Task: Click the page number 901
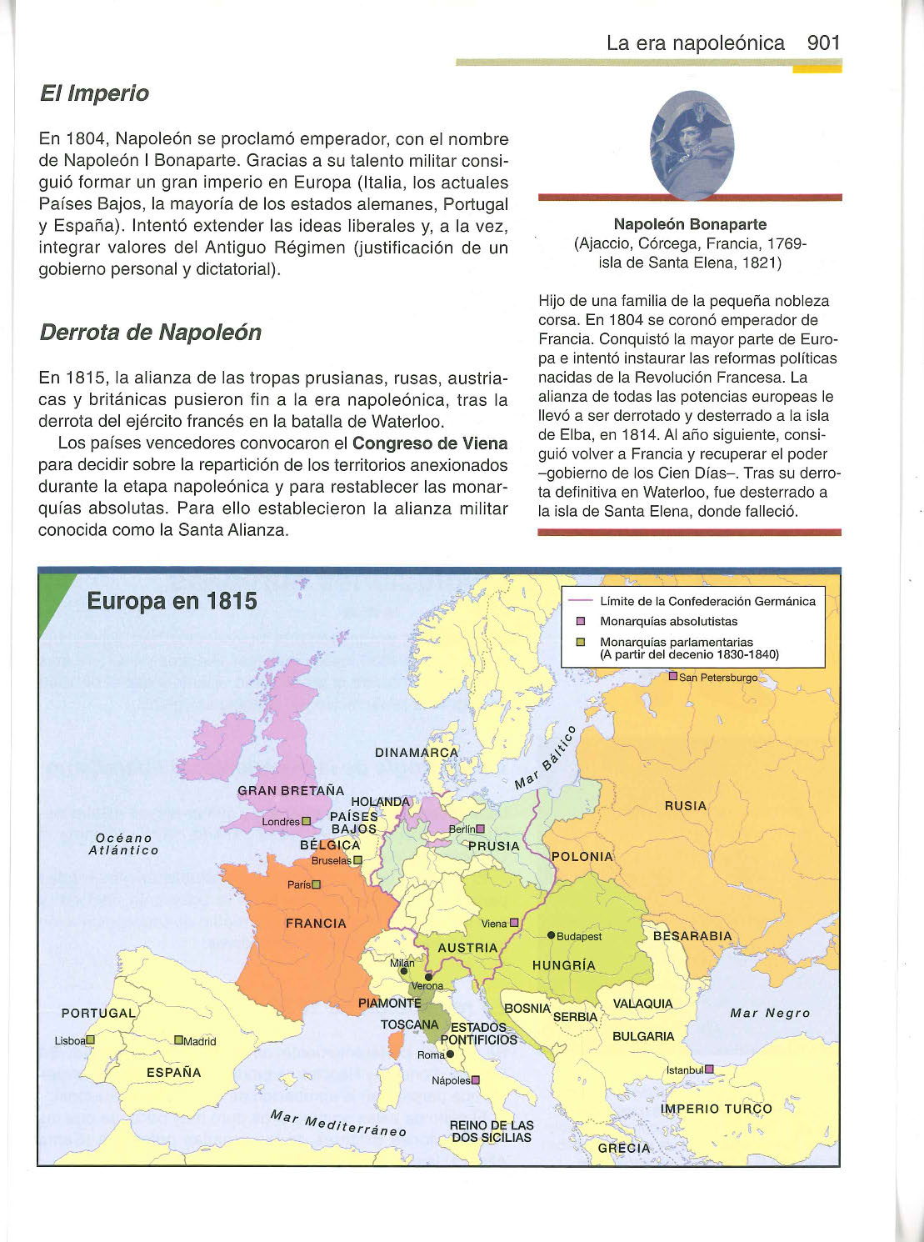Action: (x=823, y=43)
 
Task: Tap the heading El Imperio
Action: (x=94, y=93)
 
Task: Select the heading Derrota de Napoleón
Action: (x=150, y=333)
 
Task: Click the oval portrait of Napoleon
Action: (x=691, y=145)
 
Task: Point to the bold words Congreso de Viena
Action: (x=430, y=443)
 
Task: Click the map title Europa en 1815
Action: (x=172, y=601)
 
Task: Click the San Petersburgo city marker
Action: (x=674, y=677)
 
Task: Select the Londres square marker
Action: (x=306, y=822)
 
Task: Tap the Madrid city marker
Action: (x=178, y=1040)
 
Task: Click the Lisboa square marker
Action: (x=91, y=1039)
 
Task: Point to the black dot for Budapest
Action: (x=551, y=935)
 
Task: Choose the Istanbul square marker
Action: (x=710, y=1069)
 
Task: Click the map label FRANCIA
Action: (x=316, y=924)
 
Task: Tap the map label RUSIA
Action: (x=686, y=806)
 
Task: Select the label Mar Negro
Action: (x=770, y=1013)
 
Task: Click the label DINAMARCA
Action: (x=417, y=752)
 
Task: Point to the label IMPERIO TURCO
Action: (x=717, y=1109)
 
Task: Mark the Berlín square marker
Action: (x=480, y=829)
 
